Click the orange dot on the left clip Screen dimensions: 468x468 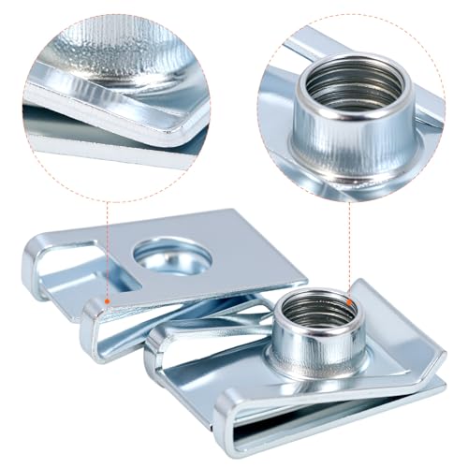109,301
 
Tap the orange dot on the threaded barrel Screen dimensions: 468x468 349,301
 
